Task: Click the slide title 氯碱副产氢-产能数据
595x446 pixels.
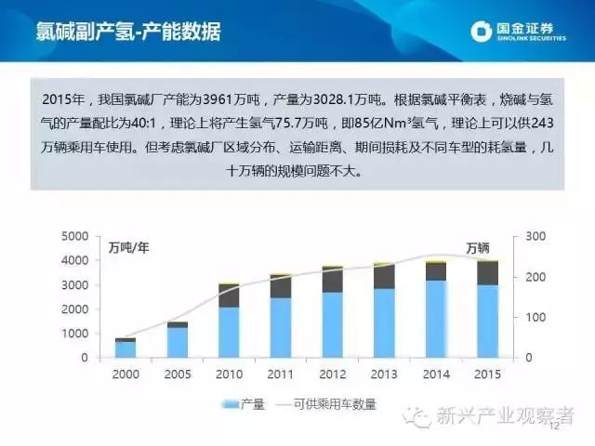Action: (128, 32)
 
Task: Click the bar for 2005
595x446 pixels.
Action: (177, 340)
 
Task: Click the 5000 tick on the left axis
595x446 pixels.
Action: (75, 237)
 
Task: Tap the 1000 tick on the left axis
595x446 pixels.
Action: (75, 334)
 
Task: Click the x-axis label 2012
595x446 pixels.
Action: (331, 374)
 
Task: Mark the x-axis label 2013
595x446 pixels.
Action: (383, 374)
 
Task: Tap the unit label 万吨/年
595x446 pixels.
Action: (129, 247)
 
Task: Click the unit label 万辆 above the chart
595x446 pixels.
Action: (478, 247)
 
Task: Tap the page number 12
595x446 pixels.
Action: (556, 427)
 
